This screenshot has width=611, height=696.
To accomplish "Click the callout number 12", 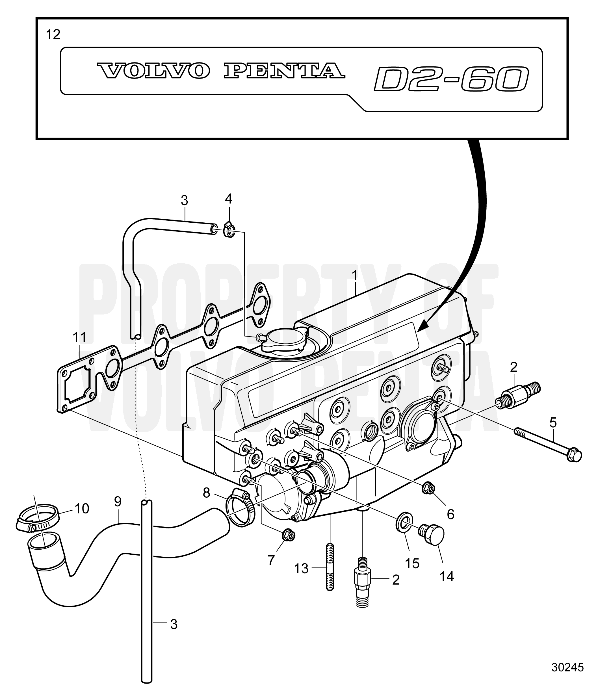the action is (x=53, y=35).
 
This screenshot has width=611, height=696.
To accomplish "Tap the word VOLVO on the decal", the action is (x=153, y=70).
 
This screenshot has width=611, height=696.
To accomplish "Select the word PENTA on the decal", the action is (x=284, y=70).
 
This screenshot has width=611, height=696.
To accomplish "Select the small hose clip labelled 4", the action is (x=229, y=231).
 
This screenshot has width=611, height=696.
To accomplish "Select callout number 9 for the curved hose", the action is (x=118, y=501).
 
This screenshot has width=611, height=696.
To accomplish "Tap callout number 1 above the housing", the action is (x=355, y=276).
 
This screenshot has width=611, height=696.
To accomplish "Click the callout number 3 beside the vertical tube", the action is (x=174, y=624).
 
